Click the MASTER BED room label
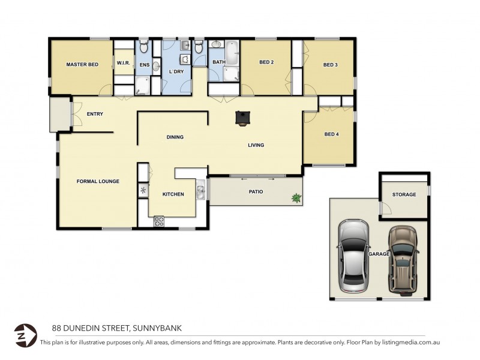coord(82,64)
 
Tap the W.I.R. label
coord(124,64)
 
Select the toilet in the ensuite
coord(143,47)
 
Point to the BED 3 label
coord(331,65)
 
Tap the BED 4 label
coord(331,134)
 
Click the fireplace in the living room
coord(242,118)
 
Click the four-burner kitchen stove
coord(159,221)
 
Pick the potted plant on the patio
coord(296,197)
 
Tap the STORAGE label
coord(404,194)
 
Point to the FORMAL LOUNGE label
coord(98,181)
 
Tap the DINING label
coord(175,137)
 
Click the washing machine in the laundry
coord(185,59)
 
